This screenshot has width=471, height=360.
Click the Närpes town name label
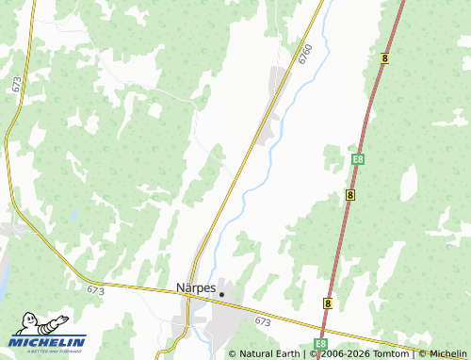click(196, 286)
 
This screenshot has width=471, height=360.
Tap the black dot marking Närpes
click(221, 294)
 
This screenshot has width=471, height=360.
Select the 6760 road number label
click(304, 54)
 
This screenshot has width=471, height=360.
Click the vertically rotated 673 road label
click(17, 84)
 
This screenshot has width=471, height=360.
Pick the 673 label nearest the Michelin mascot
click(94, 291)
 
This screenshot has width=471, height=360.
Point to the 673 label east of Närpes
click(263, 322)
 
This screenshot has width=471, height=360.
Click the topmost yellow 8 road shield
click(385, 58)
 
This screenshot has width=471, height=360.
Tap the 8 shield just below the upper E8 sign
click(349, 194)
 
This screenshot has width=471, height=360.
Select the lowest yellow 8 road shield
click(327, 303)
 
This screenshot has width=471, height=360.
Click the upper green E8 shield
click(357, 160)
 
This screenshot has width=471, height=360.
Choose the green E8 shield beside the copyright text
click(320, 345)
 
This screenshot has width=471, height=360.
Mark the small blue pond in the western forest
click(74, 214)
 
